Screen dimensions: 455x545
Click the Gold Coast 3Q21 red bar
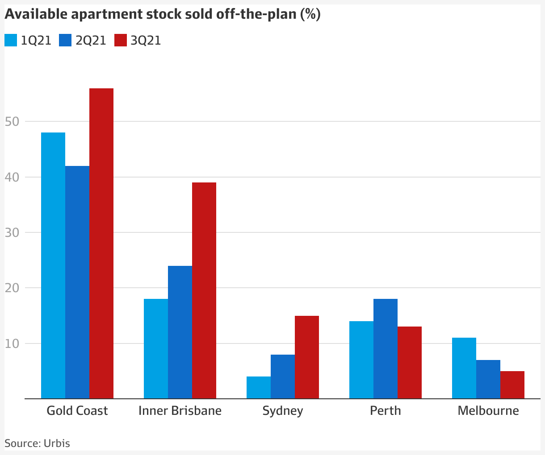[101, 243]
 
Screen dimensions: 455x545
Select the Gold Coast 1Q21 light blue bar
[53, 265]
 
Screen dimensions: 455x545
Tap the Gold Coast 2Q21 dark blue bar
[77, 282]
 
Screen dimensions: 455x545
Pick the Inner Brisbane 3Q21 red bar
[204, 290]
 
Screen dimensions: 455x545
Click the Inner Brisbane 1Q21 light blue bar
[156, 348]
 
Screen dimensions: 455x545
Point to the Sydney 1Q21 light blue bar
[259, 387]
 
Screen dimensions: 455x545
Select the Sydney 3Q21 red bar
[307, 357]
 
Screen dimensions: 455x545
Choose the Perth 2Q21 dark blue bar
[386, 348]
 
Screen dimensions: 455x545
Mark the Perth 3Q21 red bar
[410, 362]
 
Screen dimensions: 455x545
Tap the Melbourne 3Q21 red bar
[512, 385]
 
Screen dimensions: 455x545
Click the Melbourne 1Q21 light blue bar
[464, 368]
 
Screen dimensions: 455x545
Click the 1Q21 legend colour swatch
[11, 41]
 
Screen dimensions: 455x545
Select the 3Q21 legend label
[146, 41]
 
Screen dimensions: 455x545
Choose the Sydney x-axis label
[283, 411]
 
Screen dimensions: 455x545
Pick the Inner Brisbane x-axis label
[180, 410]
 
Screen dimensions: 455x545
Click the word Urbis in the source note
[57, 443]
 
